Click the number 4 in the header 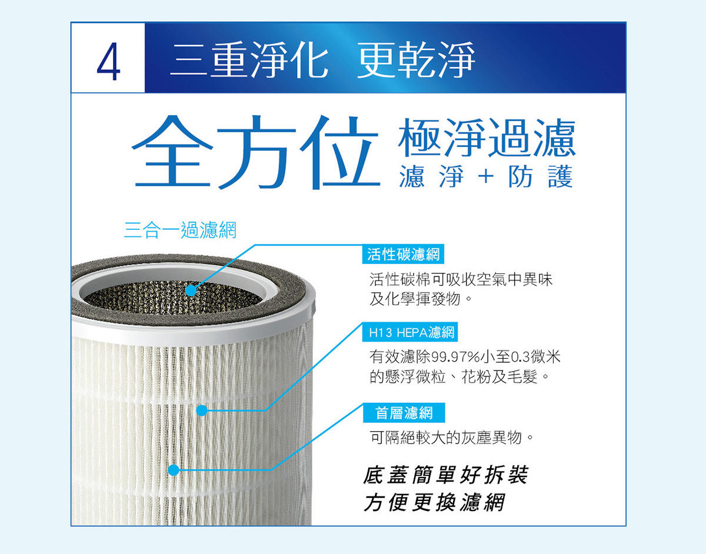pos(108,61)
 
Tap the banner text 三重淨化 pos(249,60)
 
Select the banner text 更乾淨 pos(416,60)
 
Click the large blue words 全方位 pos(256,152)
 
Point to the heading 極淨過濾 pos(487,138)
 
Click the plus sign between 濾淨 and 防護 pos(487,177)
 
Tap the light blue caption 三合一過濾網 pos(180,230)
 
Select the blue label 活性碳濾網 pos(403,254)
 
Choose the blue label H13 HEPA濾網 pos(410,332)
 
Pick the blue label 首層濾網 pos(404,413)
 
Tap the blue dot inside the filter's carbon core pos(191,291)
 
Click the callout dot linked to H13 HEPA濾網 pos(202,411)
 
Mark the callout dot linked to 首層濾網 pos(174,470)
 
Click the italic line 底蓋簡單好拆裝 pos(446,475)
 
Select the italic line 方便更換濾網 pos(434,502)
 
